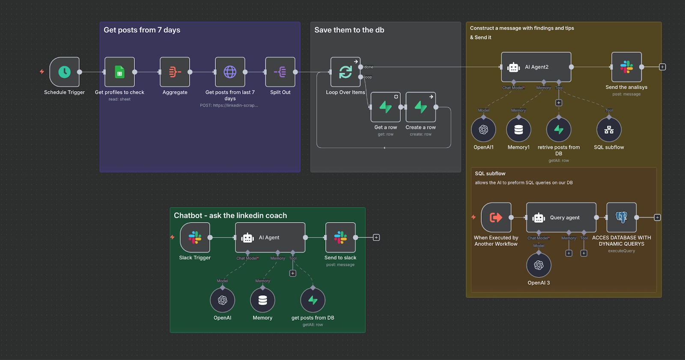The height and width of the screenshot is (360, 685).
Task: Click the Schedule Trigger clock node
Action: click(x=64, y=72)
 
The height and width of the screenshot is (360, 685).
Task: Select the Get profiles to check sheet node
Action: click(x=119, y=72)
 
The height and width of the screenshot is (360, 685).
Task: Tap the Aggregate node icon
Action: click(x=175, y=72)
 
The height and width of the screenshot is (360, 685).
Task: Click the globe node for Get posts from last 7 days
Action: click(x=230, y=72)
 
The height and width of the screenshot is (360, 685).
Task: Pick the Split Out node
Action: click(x=280, y=72)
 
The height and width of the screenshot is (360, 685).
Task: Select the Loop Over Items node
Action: click(x=345, y=72)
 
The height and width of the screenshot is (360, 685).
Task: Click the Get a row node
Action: click(x=385, y=107)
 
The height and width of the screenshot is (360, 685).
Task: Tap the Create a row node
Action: click(x=420, y=107)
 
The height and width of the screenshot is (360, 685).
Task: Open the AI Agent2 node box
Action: click(x=536, y=67)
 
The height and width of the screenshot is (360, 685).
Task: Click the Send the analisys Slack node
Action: click(x=626, y=67)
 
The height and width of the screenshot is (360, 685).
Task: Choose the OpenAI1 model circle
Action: click(x=483, y=130)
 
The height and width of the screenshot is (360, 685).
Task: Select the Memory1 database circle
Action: click(x=518, y=130)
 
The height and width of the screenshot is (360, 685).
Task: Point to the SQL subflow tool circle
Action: click(x=609, y=130)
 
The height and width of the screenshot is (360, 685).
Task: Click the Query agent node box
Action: click(x=561, y=217)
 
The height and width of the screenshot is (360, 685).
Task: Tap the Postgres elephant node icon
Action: click(x=621, y=217)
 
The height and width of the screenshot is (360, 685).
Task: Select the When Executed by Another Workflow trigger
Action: click(x=496, y=217)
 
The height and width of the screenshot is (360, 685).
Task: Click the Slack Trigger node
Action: click(x=195, y=238)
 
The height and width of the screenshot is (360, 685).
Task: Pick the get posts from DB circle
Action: click(x=313, y=300)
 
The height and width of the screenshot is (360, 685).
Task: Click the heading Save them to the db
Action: click(x=349, y=30)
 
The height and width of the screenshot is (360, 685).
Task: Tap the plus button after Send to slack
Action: click(x=376, y=238)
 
